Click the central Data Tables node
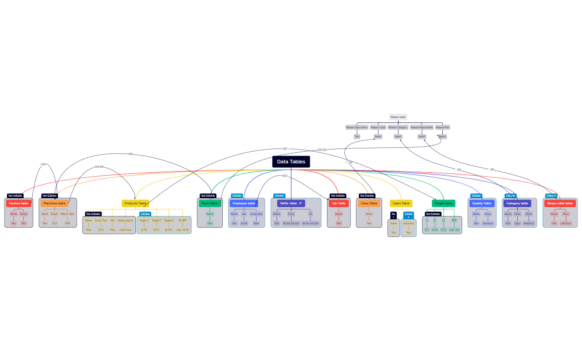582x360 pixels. tap(291, 162)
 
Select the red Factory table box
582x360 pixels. tap(18, 203)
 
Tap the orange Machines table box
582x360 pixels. tap(54, 203)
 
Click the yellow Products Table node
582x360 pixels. tap(135, 203)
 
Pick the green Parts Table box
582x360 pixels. tap(210, 203)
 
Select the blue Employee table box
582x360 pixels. tap(244, 203)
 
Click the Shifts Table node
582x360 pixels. tap(290, 203)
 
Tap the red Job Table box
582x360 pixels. tap(338, 203)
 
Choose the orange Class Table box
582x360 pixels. tap(369, 203)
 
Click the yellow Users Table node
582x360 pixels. tap(401, 203)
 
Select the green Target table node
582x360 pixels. tap(443, 203)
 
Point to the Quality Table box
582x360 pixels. tap(482, 203)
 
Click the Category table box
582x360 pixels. tap(517, 203)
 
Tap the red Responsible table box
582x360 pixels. tap(560, 203)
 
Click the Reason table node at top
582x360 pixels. tap(398, 117)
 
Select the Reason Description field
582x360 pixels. tap(357, 127)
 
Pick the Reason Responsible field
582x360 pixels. tap(422, 127)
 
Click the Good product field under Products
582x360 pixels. tap(125, 220)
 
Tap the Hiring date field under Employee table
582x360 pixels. tap(256, 214)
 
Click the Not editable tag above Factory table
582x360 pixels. tap(15, 196)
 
